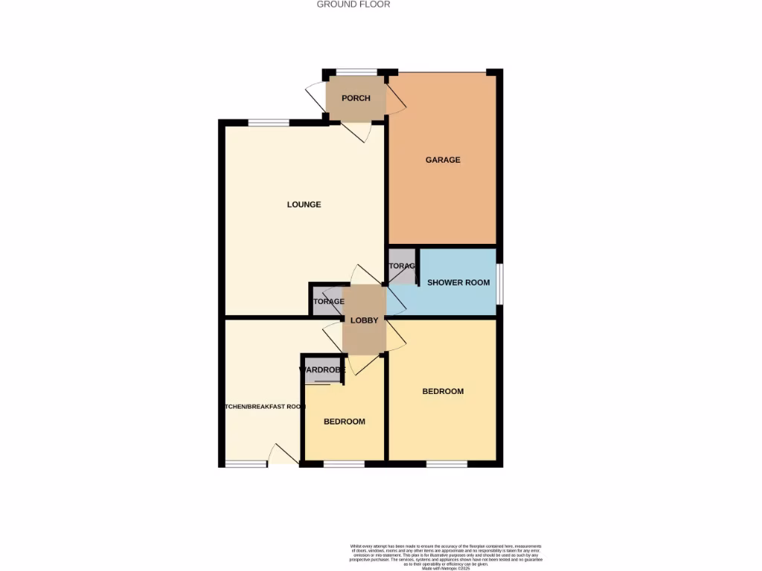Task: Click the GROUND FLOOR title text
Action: [x=353, y=4]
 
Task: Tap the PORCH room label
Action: [x=356, y=98]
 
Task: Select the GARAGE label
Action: [x=443, y=160]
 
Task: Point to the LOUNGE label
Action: [x=304, y=204]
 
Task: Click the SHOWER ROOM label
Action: [x=458, y=283]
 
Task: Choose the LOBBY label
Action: [x=365, y=320]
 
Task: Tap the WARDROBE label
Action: [x=321, y=370]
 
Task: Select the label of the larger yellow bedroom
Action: [x=443, y=392]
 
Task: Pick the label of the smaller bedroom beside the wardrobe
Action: [x=344, y=422]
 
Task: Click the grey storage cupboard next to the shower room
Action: [x=402, y=266]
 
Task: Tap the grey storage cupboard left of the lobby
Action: [x=327, y=302]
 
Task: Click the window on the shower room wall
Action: [x=499, y=283]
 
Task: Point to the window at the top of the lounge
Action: [x=268, y=123]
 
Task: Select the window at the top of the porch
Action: [x=356, y=72]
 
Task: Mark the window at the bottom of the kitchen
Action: [x=246, y=464]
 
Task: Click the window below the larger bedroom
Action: [x=446, y=464]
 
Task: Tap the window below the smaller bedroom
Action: [x=344, y=464]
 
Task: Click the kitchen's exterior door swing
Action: [x=283, y=454]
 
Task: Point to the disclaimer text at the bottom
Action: [x=446, y=556]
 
